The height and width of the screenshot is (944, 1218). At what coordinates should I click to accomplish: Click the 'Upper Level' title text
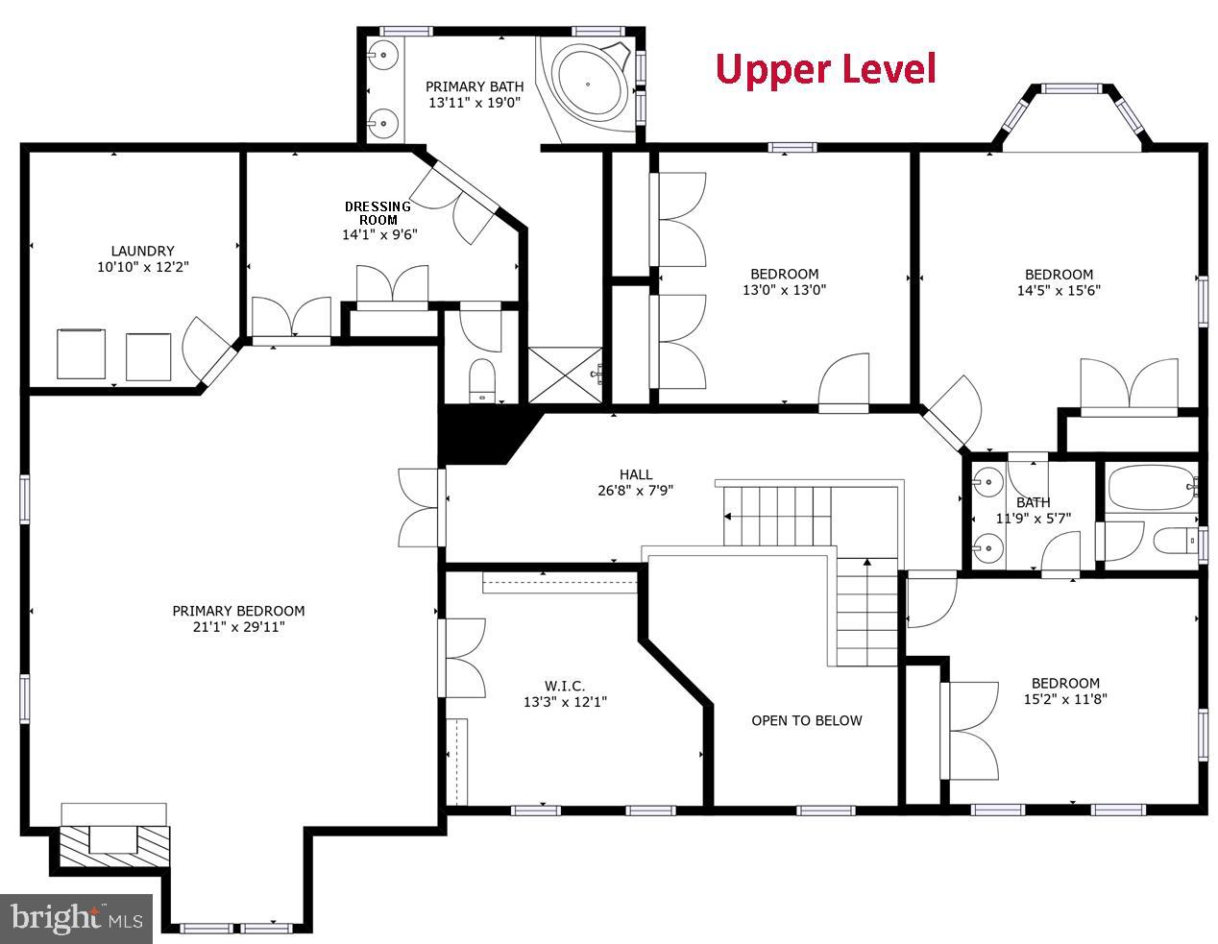[x=825, y=69]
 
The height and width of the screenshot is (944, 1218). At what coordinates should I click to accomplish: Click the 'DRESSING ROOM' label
[x=378, y=212]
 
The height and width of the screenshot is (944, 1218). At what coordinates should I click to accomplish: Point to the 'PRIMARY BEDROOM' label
[x=238, y=611]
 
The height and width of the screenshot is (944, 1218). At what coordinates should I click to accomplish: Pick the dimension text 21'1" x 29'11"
[x=238, y=627]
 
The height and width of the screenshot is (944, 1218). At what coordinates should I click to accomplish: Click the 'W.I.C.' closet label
[x=564, y=685]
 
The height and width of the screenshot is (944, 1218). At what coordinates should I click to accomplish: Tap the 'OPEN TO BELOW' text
[x=806, y=720]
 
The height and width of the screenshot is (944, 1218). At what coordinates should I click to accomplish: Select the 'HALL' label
[x=635, y=474]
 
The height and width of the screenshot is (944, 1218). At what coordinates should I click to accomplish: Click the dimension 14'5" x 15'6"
[x=1058, y=290]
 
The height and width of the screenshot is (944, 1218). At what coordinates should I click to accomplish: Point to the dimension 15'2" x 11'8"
[x=1065, y=700]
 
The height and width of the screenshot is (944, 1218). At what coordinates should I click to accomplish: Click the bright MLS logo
[x=77, y=918]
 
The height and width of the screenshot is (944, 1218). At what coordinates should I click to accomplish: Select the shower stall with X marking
[x=566, y=375]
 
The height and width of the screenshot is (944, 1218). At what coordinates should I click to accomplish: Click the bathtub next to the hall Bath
[x=1149, y=488]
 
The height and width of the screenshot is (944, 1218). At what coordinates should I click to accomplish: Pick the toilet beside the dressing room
[x=480, y=379]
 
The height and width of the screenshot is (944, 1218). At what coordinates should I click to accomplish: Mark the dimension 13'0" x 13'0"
[x=784, y=290]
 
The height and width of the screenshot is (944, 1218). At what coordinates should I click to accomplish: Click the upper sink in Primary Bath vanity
[x=383, y=55]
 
